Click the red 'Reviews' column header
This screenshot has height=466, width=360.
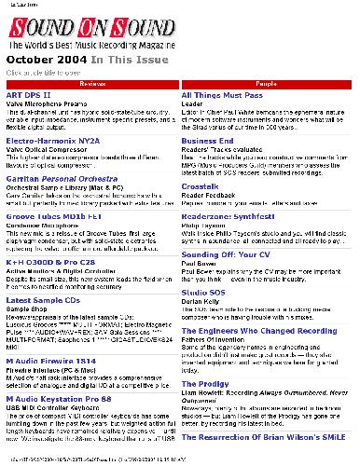tap(91, 84)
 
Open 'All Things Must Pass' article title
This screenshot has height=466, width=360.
tap(225, 96)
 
